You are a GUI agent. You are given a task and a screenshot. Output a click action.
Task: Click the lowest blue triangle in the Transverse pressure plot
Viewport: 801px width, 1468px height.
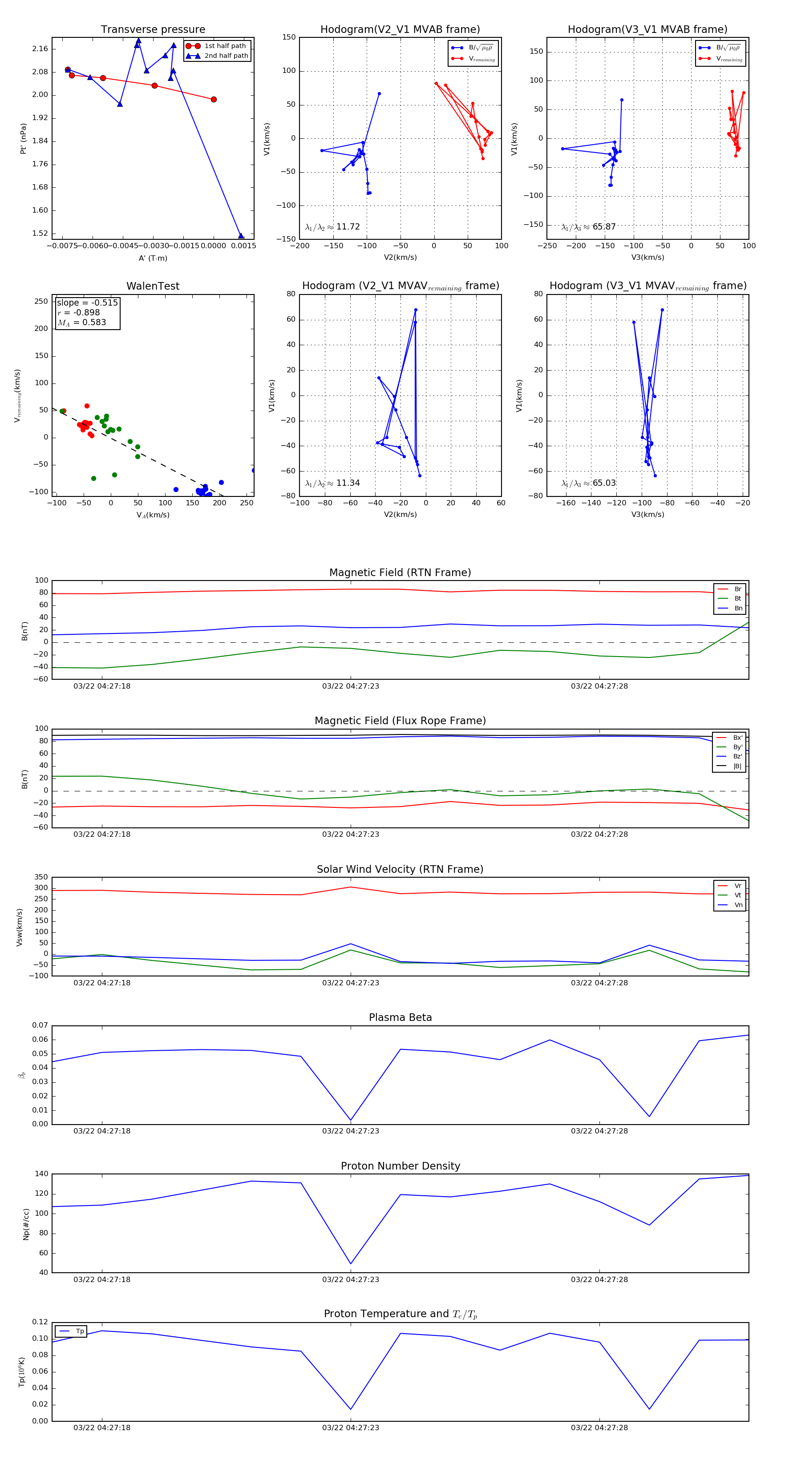click(x=241, y=235)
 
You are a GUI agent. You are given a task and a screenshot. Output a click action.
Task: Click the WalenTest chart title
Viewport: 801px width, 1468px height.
click(x=153, y=286)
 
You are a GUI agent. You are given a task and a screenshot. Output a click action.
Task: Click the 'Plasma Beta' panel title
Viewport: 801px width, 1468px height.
click(x=400, y=1018)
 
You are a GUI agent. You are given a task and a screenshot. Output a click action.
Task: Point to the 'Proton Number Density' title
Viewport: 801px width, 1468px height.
click(x=400, y=1166)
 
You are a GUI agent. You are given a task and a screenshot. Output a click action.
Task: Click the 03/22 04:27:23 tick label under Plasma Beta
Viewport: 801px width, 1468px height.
click(x=350, y=1131)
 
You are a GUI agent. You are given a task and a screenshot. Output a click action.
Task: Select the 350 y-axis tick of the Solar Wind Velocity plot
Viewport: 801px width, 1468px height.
click(x=41, y=877)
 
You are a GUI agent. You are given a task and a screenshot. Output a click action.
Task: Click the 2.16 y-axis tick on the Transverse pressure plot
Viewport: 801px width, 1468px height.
click(x=40, y=49)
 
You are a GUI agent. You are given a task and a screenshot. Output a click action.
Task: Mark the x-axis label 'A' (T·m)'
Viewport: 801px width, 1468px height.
click(x=153, y=258)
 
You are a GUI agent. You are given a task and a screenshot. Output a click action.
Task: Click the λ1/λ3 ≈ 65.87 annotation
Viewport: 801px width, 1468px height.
click(x=588, y=227)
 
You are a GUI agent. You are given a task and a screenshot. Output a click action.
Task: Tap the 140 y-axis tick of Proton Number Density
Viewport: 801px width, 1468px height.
click(x=41, y=1174)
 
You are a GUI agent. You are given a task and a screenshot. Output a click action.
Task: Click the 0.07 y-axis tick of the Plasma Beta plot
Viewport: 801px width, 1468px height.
click(x=40, y=1026)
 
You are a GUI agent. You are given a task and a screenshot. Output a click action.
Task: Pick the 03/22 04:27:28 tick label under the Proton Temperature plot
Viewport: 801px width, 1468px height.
click(x=599, y=1428)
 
